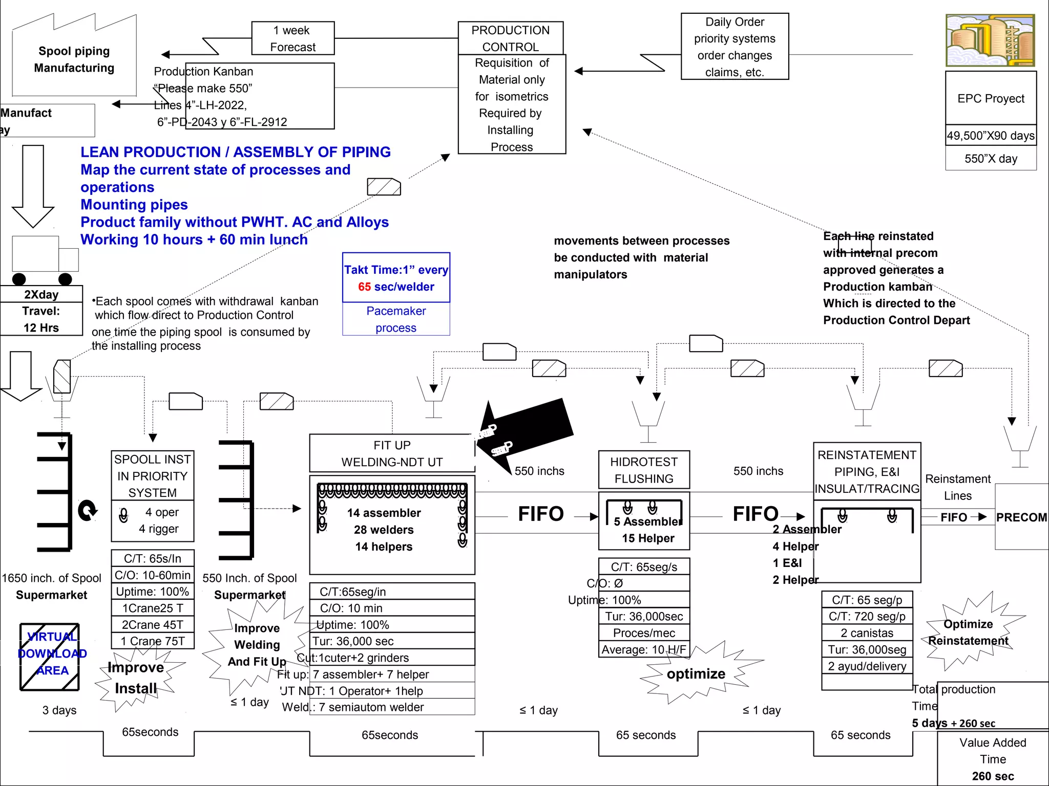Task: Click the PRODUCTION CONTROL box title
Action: coord(510,38)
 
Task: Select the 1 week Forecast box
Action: coord(292,38)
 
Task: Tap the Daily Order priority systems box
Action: coord(735,47)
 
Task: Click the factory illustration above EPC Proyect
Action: coord(990,40)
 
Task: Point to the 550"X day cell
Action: coord(991,159)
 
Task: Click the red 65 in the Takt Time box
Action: coord(364,287)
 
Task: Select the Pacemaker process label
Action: coord(396,319)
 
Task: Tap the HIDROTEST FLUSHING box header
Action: coord(644,470)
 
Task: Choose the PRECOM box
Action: coord(1021,517)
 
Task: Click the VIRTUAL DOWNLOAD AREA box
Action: coord(50,657)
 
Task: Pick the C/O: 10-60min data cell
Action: coord(153,575)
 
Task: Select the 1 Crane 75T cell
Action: coord(153,641)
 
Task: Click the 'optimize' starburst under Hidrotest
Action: coord(696,674)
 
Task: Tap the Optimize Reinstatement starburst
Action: coord(968,632)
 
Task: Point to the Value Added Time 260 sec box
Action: coord(993,759)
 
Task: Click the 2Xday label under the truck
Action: coord(41,295)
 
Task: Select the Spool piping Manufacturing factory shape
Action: coord(74,59)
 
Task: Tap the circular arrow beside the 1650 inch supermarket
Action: coord(88,510)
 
